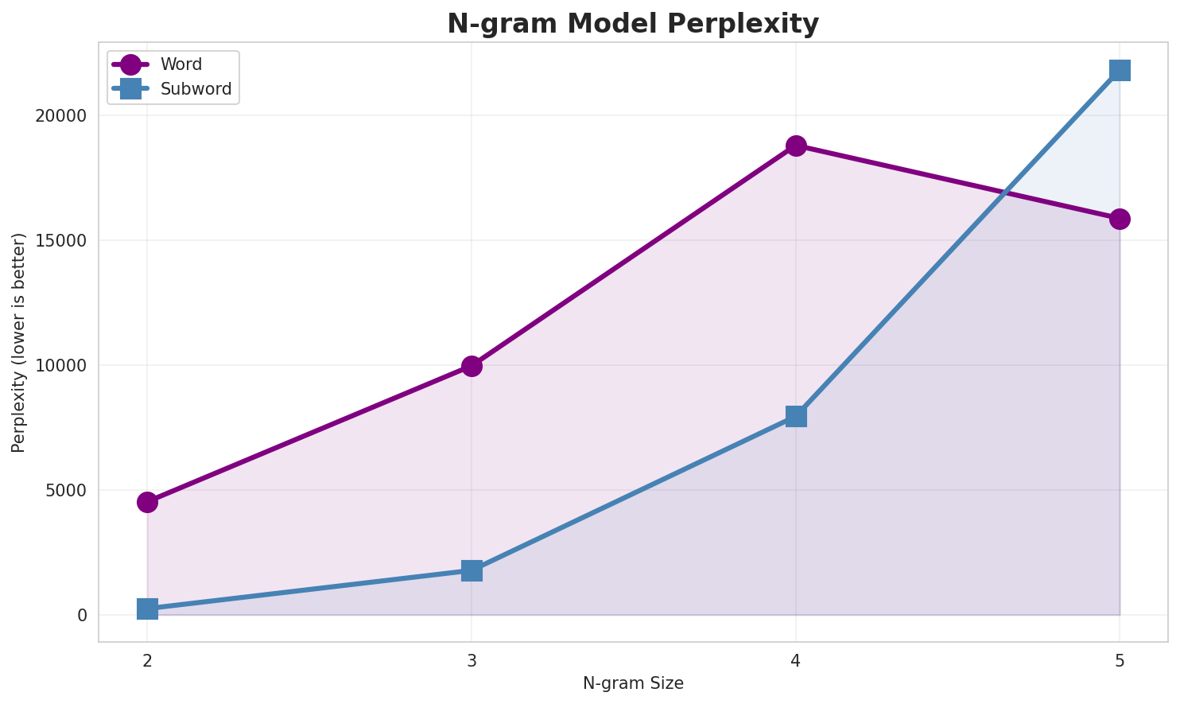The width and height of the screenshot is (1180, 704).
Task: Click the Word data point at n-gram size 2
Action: [x=147, y=502]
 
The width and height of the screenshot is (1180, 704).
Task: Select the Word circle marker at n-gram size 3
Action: [x=472, y=366]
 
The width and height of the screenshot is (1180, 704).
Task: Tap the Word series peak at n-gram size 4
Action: [x=796, y=146]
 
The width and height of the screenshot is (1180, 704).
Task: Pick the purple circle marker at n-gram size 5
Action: [x=1120, y=219]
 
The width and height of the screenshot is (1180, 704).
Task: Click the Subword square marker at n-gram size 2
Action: [x=147, y=609]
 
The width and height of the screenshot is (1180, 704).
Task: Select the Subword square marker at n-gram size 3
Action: [x=472, y=570]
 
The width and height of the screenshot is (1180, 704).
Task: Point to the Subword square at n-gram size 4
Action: [x=796, y=416]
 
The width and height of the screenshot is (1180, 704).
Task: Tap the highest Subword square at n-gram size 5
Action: [x=1120, y=70]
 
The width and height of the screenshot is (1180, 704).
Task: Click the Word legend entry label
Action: [x=181, y=64]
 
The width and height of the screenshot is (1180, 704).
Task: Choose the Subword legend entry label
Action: [x=196, y=89]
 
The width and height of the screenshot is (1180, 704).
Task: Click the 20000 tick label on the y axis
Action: [x=60, y=116]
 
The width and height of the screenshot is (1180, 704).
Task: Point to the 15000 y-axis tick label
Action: [x=60, y=241]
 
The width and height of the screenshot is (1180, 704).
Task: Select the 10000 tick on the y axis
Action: [x=60, y=366]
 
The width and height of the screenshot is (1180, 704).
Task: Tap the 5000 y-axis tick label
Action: [x=65, y=491]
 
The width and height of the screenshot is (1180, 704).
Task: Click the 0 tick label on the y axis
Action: [x=81, y=616]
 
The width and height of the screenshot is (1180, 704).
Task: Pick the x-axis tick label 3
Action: [x=472, y=660]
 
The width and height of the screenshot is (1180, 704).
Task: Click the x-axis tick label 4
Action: [x=796, y=660]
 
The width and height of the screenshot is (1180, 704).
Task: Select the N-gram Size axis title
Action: [x=633, y=683]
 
